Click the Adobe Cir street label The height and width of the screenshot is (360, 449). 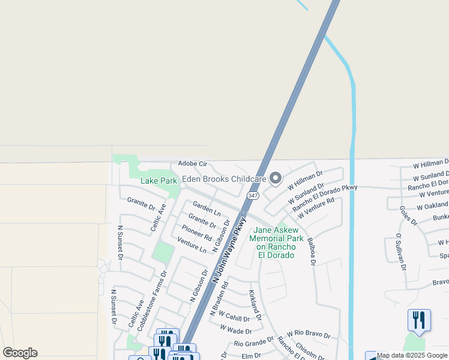tap(192, 164)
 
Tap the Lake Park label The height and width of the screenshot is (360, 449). tap(158, 181)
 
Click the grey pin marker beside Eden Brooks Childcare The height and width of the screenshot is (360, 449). tap(276, 178)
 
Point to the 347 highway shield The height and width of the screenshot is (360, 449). tap(252, 196)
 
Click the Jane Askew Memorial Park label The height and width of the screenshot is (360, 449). tap(275, 242)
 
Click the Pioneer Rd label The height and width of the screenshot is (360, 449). tap(197, 232)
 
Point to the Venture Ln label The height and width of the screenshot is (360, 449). tap(192, 245)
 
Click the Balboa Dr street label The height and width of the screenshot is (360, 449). tap(310, 251)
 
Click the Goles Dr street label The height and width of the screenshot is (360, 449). tap(408, 216)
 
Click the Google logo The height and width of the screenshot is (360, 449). tap(20, 353)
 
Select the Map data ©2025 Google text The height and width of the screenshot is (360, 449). tap(412, 356)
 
